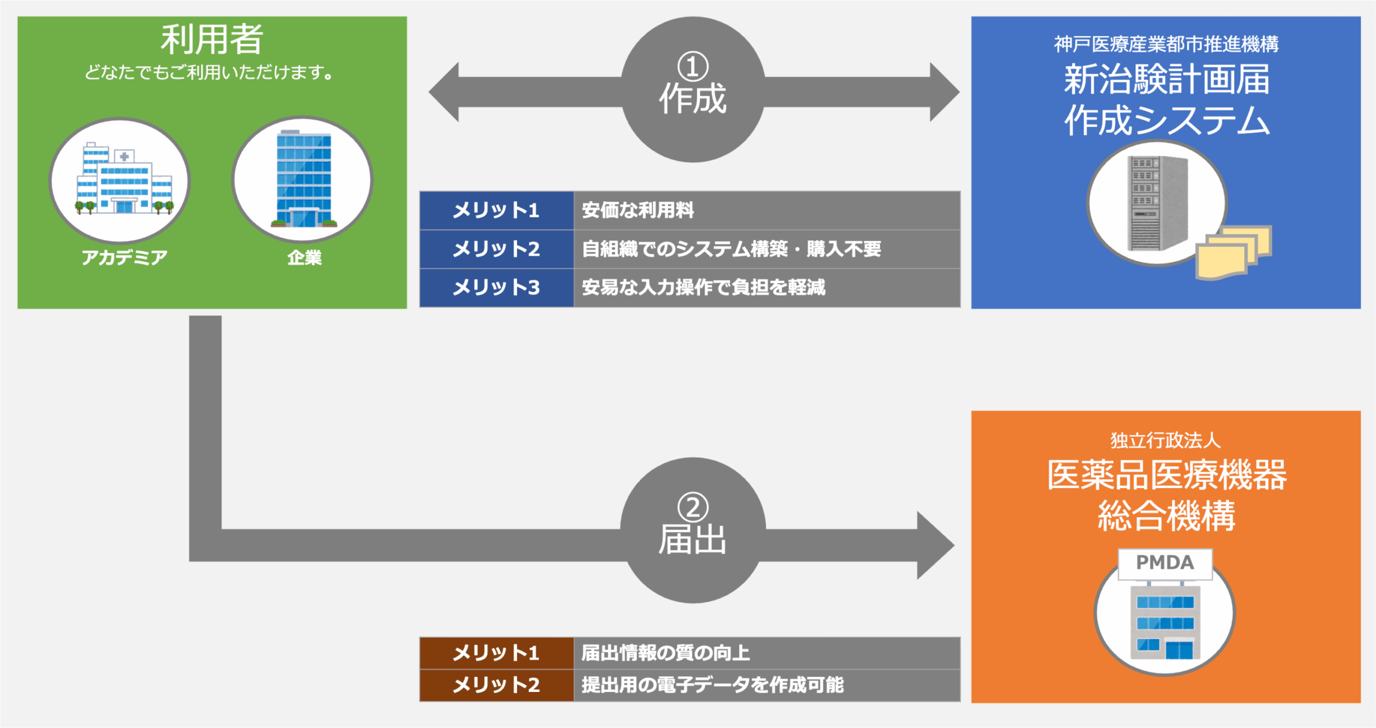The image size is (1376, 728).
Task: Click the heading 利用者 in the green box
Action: pos(212,39)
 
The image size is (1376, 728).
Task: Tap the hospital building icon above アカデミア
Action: pos(124,178)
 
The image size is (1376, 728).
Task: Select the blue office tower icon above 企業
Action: pos(304,179)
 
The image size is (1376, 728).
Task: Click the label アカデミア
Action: pos(124,258)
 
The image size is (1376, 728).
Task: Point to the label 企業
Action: pos(304,258)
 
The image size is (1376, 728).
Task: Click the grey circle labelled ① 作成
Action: pos(693,89)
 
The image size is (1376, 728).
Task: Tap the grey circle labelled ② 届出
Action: pos(693,530)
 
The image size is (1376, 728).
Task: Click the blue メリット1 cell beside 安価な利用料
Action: pos(497,210)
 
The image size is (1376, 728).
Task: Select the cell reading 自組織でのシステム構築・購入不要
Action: pos(767,249)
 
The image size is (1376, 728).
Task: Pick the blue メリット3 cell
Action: pos(497,288)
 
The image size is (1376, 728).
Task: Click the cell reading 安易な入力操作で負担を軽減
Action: pos(767,288)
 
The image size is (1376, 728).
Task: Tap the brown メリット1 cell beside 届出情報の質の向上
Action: pos(497,653)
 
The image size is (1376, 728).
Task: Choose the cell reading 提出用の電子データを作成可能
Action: pos(767,685)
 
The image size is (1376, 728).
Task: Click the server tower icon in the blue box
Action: pos(1157,203)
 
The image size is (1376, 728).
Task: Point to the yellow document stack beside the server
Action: pos(1234,252)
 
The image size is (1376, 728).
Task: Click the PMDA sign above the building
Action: pos(1165,563)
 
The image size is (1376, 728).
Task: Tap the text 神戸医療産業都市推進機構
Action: pos(1166,44)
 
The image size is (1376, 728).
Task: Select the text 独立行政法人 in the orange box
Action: pos(1165,440)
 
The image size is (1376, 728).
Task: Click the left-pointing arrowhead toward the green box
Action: pos(444,92)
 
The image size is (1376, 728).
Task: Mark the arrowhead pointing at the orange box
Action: pos(936,545)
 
